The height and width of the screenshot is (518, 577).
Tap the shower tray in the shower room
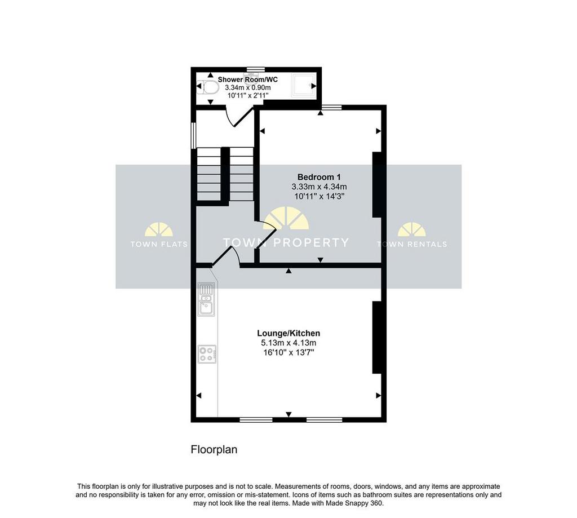tap(304, 86)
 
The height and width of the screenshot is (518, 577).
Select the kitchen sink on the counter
tap(206, 299)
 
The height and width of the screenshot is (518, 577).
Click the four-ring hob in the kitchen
tap(207, 354)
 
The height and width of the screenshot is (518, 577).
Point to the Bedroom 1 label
tap(319, 177)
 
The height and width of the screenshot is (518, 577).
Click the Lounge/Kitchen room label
tap(288, 333)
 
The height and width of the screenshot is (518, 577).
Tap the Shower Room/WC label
tap(248, 79)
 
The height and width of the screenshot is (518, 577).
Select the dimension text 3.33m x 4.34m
tap(319, 187)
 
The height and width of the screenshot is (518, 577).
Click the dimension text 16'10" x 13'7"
tap(288, 352)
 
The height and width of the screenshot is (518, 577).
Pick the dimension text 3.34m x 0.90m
tap(248, 87)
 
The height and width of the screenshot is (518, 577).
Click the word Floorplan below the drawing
tap(214, 450)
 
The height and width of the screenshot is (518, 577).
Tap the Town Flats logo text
tap(159, 244)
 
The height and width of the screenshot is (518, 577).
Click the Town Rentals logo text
tap(412, 244)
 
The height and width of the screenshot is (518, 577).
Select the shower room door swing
tap(239, 117)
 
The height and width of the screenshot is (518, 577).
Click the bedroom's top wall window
tap(331, 107)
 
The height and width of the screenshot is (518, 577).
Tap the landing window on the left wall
tap(193, 135)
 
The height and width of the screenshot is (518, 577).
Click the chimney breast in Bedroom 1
tap(377, 184)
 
